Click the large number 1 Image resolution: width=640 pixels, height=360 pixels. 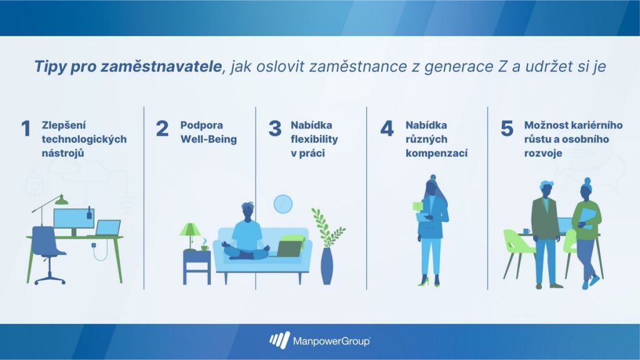coord(26,128)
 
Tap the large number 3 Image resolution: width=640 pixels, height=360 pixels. coord(275,128)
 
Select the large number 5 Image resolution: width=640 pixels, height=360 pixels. coord(507,128)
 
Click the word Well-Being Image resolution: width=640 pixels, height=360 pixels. coord(209,139)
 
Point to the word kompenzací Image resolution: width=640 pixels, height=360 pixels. coord(436,154)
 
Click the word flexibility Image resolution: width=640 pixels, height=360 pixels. coord(314,139)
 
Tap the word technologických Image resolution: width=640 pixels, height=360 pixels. coord(84,139)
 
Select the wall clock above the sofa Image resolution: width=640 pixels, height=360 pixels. coord(283,204)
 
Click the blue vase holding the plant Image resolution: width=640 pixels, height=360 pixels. coord(326,266)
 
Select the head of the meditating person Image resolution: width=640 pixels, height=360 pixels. coord(247,211)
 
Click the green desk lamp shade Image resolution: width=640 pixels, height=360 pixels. coord(62,200)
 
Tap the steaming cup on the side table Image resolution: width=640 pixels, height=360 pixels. coord(204,246)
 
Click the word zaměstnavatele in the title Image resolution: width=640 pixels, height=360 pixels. coord(161,66)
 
